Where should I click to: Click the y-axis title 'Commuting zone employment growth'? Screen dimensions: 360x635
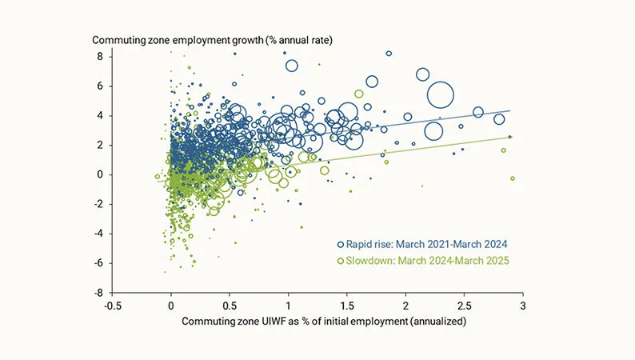(209, 40)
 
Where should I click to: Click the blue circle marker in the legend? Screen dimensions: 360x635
(341, 244)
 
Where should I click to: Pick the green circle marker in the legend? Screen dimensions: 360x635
(341, 261)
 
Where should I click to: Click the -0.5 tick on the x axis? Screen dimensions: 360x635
(112, 306)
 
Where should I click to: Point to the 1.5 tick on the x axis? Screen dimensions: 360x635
(347, 306)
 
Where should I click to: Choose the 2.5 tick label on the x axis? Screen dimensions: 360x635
(465, 306)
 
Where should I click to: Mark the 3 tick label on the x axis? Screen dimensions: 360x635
(523, 306)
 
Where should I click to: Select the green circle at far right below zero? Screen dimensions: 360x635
(512, 178)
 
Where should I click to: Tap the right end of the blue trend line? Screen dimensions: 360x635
(509, 111)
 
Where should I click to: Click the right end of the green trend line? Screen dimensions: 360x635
(509, 137)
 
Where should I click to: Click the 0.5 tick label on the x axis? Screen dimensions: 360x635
(230, 306)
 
